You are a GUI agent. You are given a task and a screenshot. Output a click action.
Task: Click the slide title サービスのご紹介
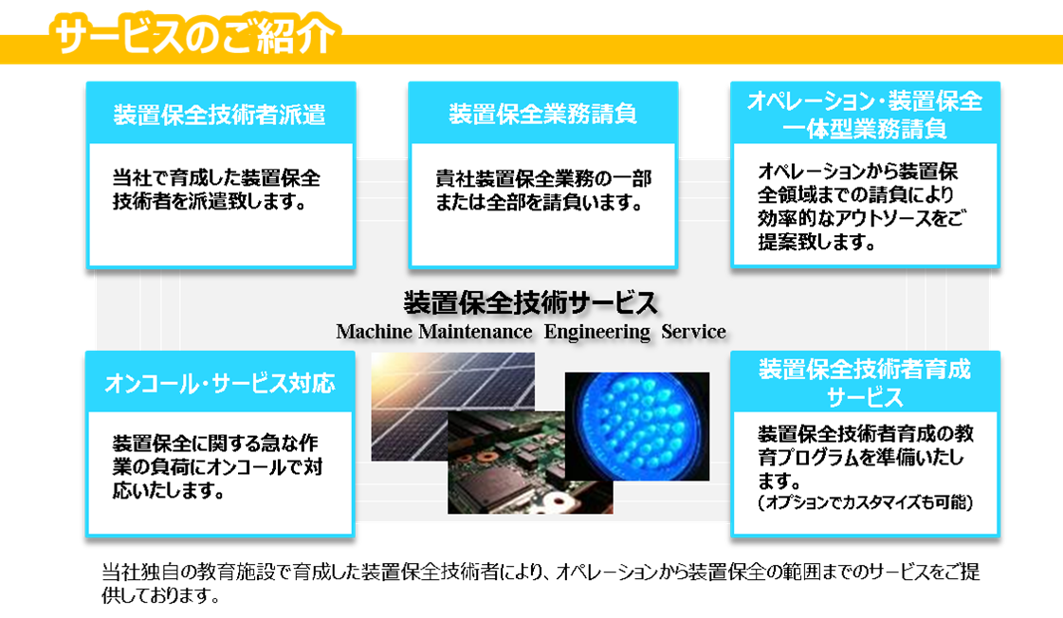click(x=194, y=34)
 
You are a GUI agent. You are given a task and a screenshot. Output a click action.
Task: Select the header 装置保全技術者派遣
click(x=220, y=115)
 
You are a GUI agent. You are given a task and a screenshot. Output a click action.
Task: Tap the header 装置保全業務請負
click(x=542, y=114)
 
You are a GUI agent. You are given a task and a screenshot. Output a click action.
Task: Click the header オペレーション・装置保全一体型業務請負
click(x=865, y=115)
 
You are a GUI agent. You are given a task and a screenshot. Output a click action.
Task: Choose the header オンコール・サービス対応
click(x=220, y=384)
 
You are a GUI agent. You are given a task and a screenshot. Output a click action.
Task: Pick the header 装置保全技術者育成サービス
click(x=865, y=383)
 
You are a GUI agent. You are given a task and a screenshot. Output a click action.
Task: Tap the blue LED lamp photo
click(x=637, y=427)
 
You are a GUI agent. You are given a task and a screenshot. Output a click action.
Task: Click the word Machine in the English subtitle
click(x=375, y=332)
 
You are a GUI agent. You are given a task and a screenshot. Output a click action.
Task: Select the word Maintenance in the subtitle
click(x=475, y=332)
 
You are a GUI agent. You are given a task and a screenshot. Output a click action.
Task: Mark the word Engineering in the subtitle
click(x=596, y=333)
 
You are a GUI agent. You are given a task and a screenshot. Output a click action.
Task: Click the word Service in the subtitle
click(x=693, y=332)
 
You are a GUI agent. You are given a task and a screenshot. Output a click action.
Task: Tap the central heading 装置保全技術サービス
click(x=531, y=303)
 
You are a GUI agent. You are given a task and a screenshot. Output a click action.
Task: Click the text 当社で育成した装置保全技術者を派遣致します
click(x=216, y=190)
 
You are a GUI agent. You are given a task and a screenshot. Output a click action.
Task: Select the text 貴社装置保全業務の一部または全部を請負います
click(x=543, y=191)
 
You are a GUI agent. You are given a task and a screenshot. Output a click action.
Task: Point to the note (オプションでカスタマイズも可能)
click(x=866, y=502)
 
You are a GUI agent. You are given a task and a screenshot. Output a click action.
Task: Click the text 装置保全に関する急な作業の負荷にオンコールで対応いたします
click(x=217, y=466)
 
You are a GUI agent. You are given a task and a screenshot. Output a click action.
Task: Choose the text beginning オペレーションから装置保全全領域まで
click(x=862, y=206)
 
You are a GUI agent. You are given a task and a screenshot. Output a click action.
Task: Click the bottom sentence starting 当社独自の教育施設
click(x=541, y=584)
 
